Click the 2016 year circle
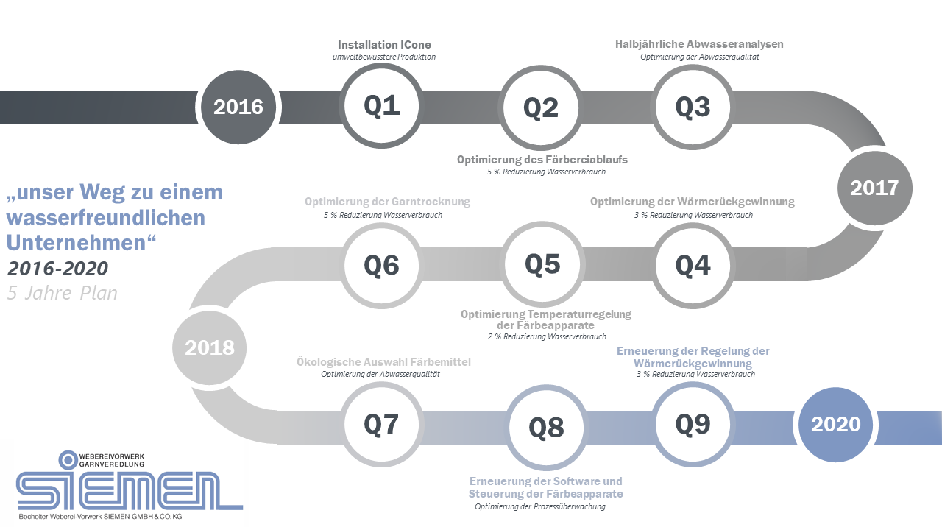coord(238,107)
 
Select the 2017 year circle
coord(875,188)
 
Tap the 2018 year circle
coord(210,347)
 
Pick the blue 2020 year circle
coord(835,425)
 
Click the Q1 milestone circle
coord(381,105)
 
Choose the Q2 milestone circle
coord(541,107)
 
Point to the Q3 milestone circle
coord(693,107)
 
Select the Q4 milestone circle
coord(693,266)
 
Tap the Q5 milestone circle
coord(542,264)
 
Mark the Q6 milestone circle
coord(381,266)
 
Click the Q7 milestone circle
coord(381,424)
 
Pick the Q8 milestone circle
coord(546,428)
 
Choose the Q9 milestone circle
coord(693,424)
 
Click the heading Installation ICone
coord(384,45)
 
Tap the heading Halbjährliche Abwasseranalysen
coord(699,44)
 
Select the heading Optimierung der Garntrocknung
coord(387,202)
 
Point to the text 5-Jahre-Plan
coord(63,293)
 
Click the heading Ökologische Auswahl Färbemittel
coord(383,361)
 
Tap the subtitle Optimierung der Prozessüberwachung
coord(540,506)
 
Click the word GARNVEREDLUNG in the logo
coord(112,464)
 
